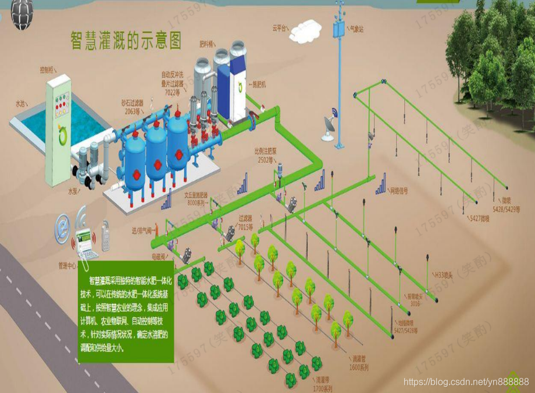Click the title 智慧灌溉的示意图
[126, 41]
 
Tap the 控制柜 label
[47, 70]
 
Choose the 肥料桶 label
[207, 44]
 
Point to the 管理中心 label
[68, 266]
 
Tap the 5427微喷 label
[480, 219]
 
